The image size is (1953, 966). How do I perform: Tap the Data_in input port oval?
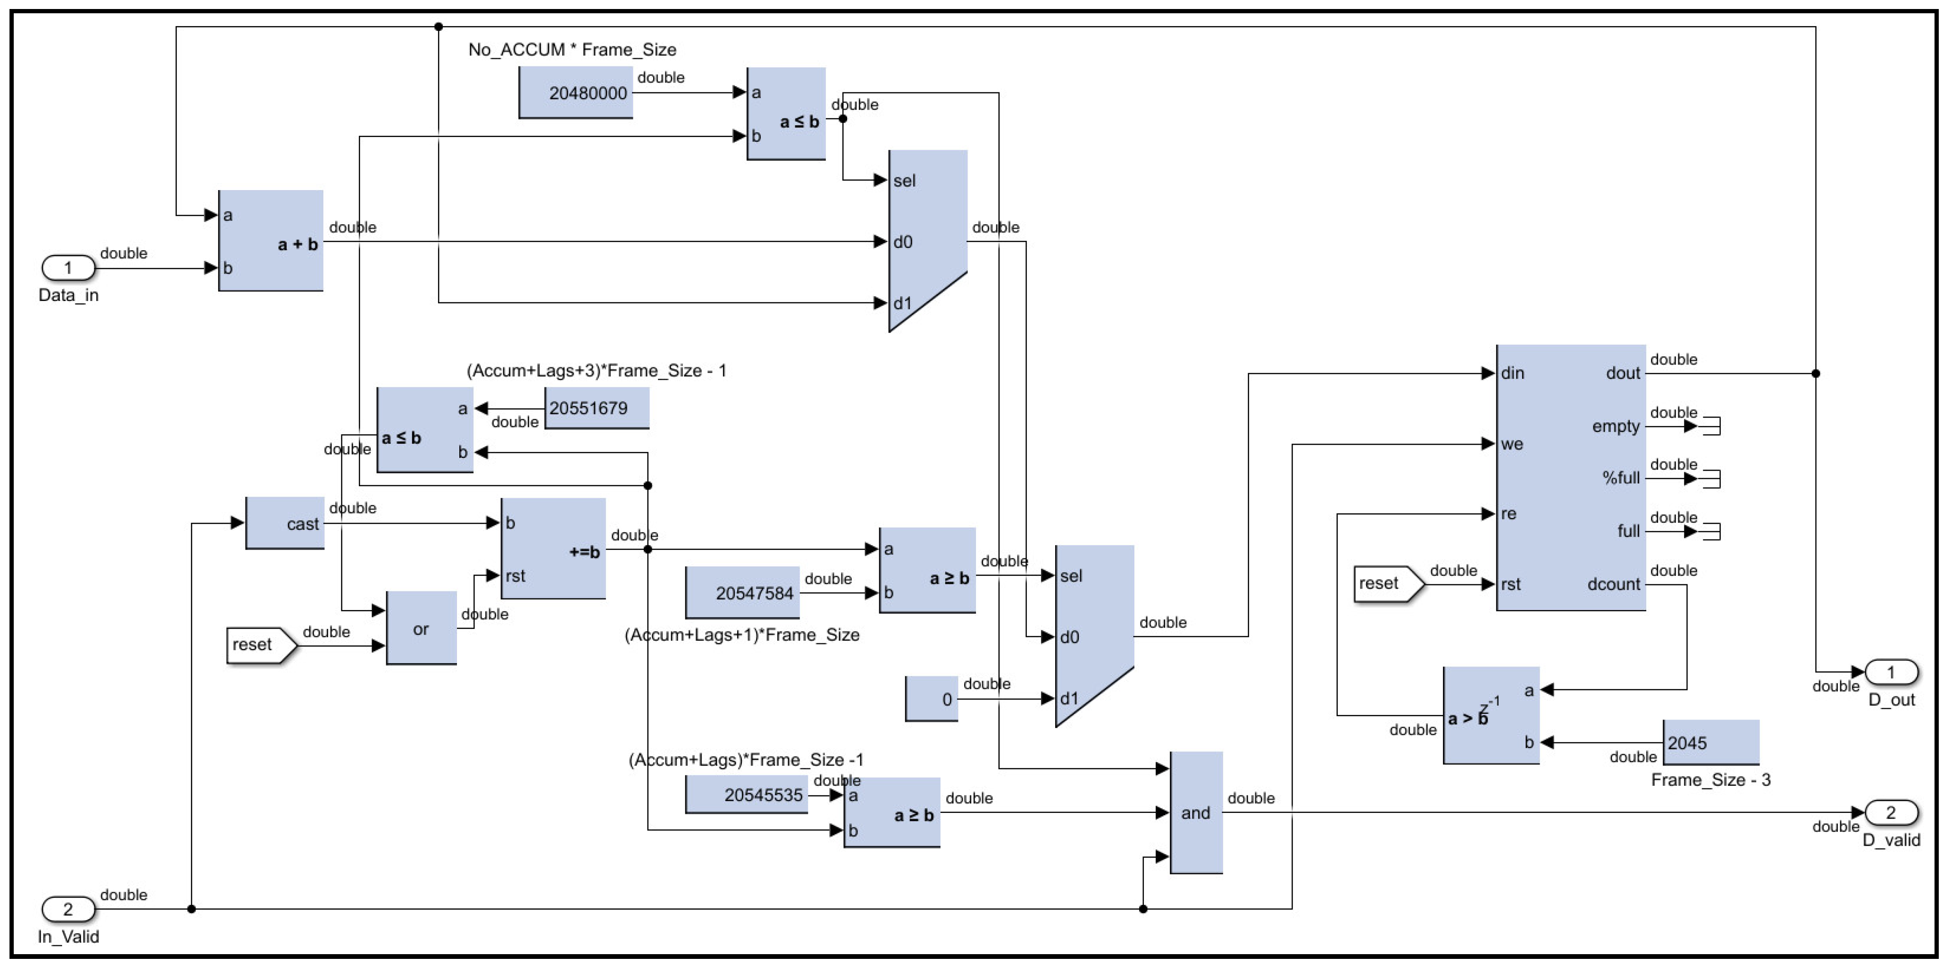(68, 268)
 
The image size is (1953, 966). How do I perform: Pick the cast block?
(285, 523)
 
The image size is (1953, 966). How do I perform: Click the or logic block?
(421, 629)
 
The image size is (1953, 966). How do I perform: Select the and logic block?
(1196, 813)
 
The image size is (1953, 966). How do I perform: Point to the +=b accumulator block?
(554, 549)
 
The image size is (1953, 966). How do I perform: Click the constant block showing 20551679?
(597, 408)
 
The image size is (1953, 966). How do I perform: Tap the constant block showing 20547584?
(743, 593)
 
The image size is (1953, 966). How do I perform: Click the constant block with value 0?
(932, 699)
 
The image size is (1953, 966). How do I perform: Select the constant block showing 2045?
(1710, 743)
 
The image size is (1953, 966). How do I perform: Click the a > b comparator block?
(1490, 716)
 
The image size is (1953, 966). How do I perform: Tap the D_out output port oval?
(1891, 672)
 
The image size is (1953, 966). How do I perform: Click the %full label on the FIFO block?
(1620, 478)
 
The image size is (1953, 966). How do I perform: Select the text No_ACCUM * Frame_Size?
(573, 50)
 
